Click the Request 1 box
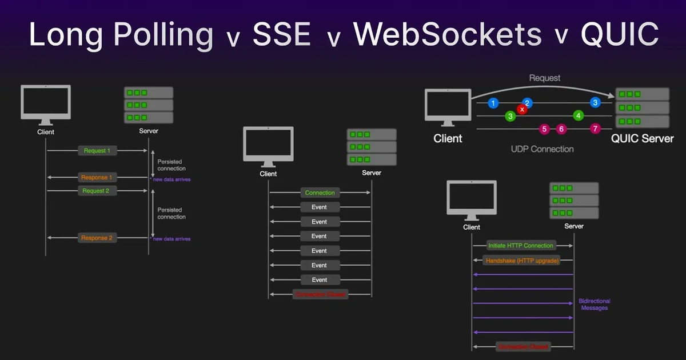[x=97, y=150]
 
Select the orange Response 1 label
[x=97, y=177]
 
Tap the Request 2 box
[x=97, y=190]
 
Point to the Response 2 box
[x=97, y=238]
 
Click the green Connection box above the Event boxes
[x=320, y=193]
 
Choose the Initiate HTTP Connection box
[x=520, y=245]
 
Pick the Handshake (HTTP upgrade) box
[x=520, y=260]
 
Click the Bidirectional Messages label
[x=595, y=304]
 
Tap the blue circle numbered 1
[x=493, y=103]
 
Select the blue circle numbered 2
[x=528, y=103]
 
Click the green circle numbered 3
[x=510, y=116]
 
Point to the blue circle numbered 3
[x=596, y=103]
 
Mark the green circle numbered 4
[x=579, y=116]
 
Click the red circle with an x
[x=521, y=109]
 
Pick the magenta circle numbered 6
[x=561, y=129]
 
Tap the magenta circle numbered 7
[x=595, y=129]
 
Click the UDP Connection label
[x=542, y=149]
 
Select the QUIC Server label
[x=642, y=139]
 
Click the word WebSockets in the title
[x=448, y=35]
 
